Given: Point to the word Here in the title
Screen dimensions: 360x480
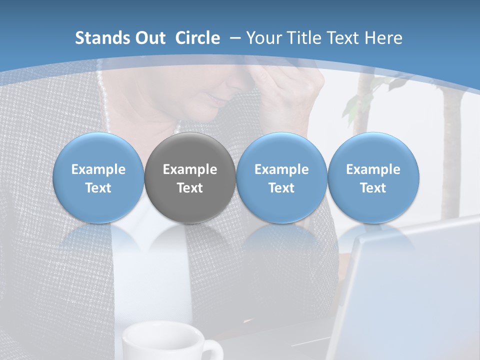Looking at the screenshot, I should pos(383,38).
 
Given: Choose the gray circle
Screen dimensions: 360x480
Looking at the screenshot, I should pos(190,178).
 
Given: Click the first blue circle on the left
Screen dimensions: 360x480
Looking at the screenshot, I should pos(98,178).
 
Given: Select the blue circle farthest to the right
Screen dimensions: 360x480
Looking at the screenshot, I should pos(373,178).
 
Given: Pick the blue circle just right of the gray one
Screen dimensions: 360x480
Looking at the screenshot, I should pos(281,178).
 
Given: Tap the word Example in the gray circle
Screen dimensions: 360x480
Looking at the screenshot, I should pos(190,169).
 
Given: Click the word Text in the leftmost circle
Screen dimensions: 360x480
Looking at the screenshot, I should pos(98,188).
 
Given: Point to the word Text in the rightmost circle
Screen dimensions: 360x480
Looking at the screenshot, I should pos(373,188).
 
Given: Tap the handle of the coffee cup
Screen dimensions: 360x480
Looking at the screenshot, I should pos(212,350).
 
